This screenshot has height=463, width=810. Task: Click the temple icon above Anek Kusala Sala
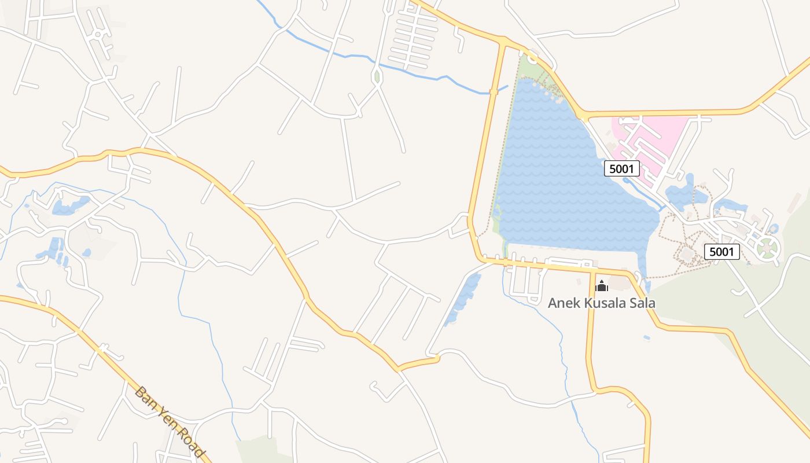602,286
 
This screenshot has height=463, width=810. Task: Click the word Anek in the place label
562,303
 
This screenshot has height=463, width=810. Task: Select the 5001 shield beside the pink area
622,168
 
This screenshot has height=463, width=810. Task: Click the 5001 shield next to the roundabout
722,252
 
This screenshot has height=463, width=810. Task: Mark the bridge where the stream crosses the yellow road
494,91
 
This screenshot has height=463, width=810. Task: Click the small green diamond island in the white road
377,76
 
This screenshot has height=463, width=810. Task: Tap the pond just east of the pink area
686,194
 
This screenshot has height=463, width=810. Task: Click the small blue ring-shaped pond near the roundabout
774,229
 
